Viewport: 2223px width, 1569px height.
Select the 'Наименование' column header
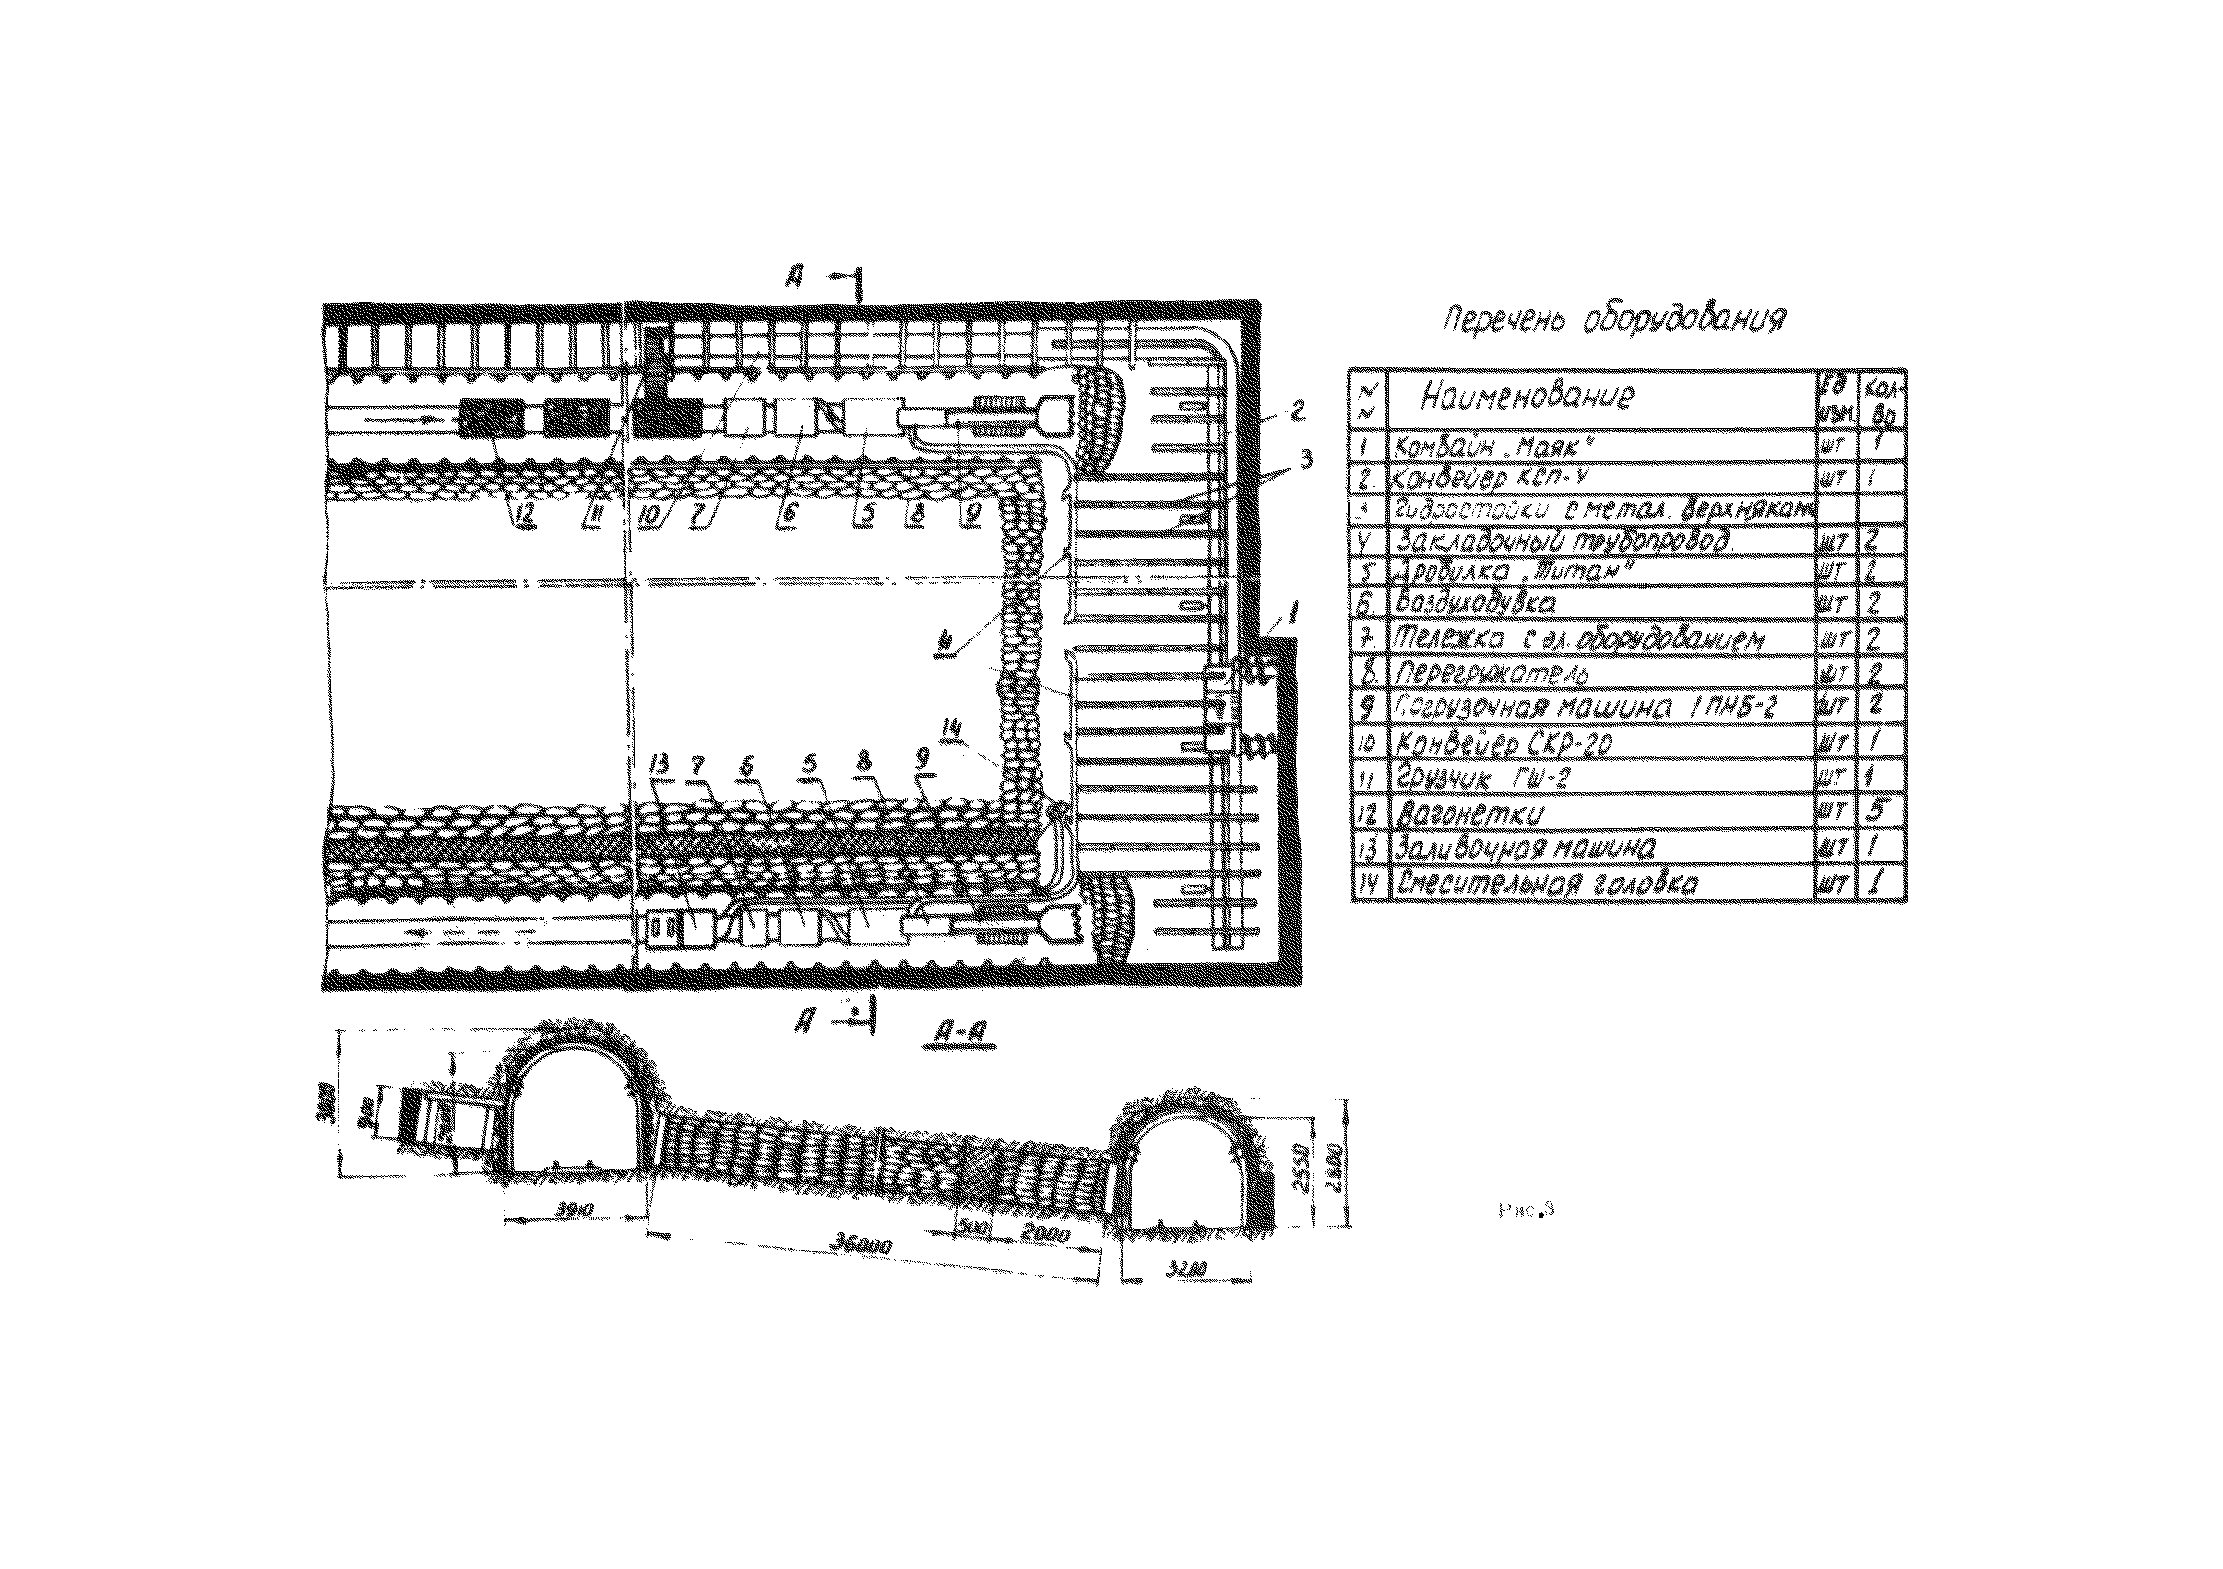1527,396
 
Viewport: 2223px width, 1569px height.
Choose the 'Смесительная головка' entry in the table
1546,884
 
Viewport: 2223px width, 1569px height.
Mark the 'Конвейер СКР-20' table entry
1503,743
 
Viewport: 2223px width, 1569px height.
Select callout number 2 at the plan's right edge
1296,411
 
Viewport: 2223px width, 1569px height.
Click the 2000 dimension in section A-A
1045,1235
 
